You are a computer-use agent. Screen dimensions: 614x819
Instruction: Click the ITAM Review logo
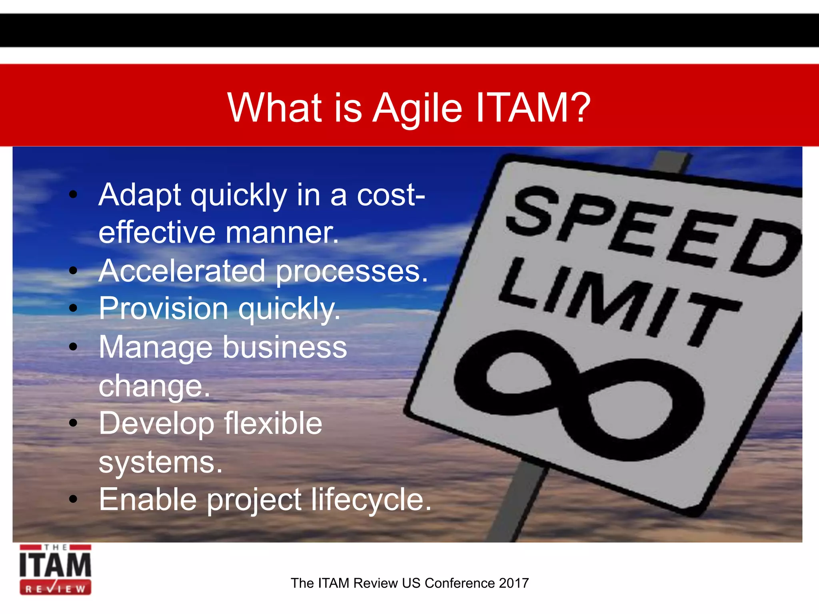56,570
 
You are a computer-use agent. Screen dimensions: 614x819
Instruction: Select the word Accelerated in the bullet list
182,271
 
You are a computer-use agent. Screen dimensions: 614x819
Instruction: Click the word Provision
164,309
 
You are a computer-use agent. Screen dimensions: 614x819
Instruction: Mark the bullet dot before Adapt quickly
73,195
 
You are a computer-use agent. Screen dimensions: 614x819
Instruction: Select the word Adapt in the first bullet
140,195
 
